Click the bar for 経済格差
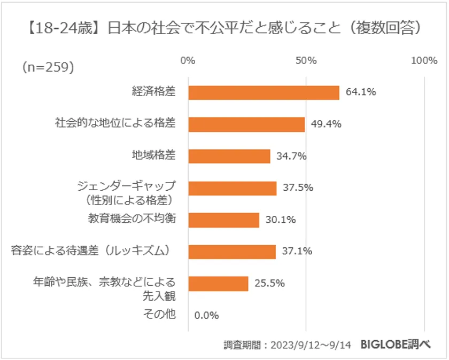(264, 92)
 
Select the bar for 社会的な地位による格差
(246, 124)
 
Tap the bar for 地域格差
(229, 156)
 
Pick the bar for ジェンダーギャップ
(233, 188)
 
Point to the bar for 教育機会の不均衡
(223, 220)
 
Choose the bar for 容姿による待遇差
(232, 252)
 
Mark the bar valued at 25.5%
(218, 283)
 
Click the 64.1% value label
(361, 92)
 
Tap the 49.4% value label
(326, 124)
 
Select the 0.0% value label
(206, 315)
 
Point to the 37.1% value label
(297, 252)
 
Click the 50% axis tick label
(306, 61)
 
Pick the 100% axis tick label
(424, 61)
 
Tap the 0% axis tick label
(188, 61)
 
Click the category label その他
(160, 315)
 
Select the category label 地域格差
(154, 156)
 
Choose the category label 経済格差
(154, 92)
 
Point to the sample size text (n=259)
(48, 67)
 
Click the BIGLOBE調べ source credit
(395, 345)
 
